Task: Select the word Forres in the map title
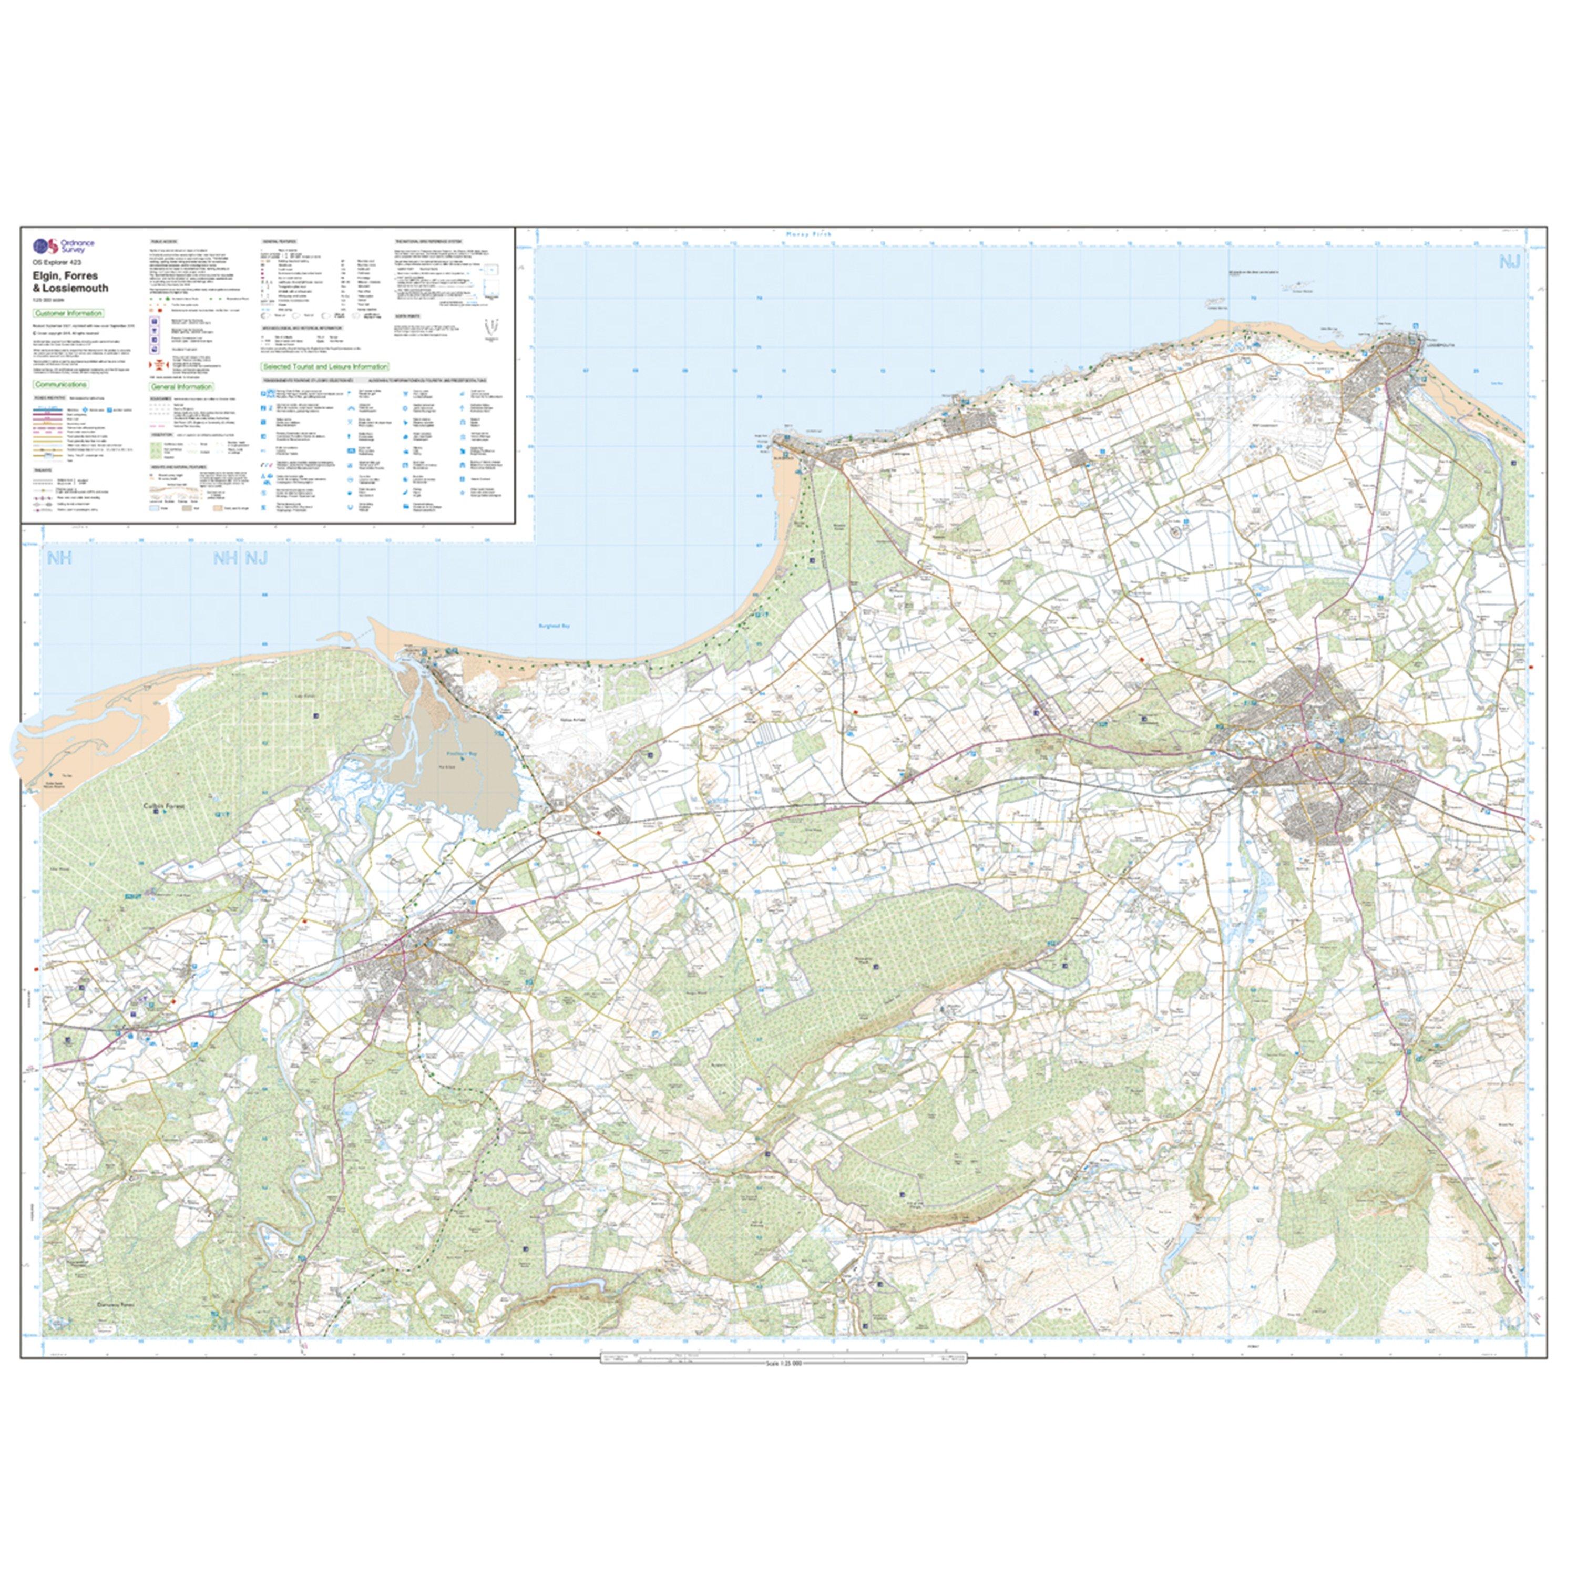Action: (81, 276)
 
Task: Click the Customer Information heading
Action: (68, 313)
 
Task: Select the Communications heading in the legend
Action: (61, 384)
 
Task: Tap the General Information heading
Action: (181, 387)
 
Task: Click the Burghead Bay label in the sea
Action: (552, 626)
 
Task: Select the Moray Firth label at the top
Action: (807, 234)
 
